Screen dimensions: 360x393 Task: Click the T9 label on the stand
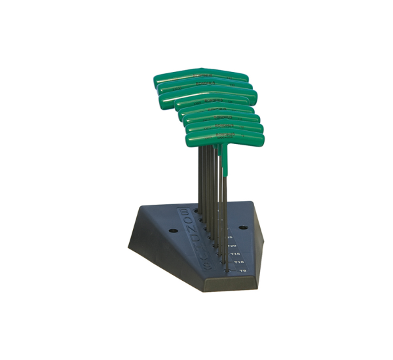pyautogui.click(x=242, y=270)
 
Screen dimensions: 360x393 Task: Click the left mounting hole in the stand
pyautogui.click(x=173, y=230)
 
